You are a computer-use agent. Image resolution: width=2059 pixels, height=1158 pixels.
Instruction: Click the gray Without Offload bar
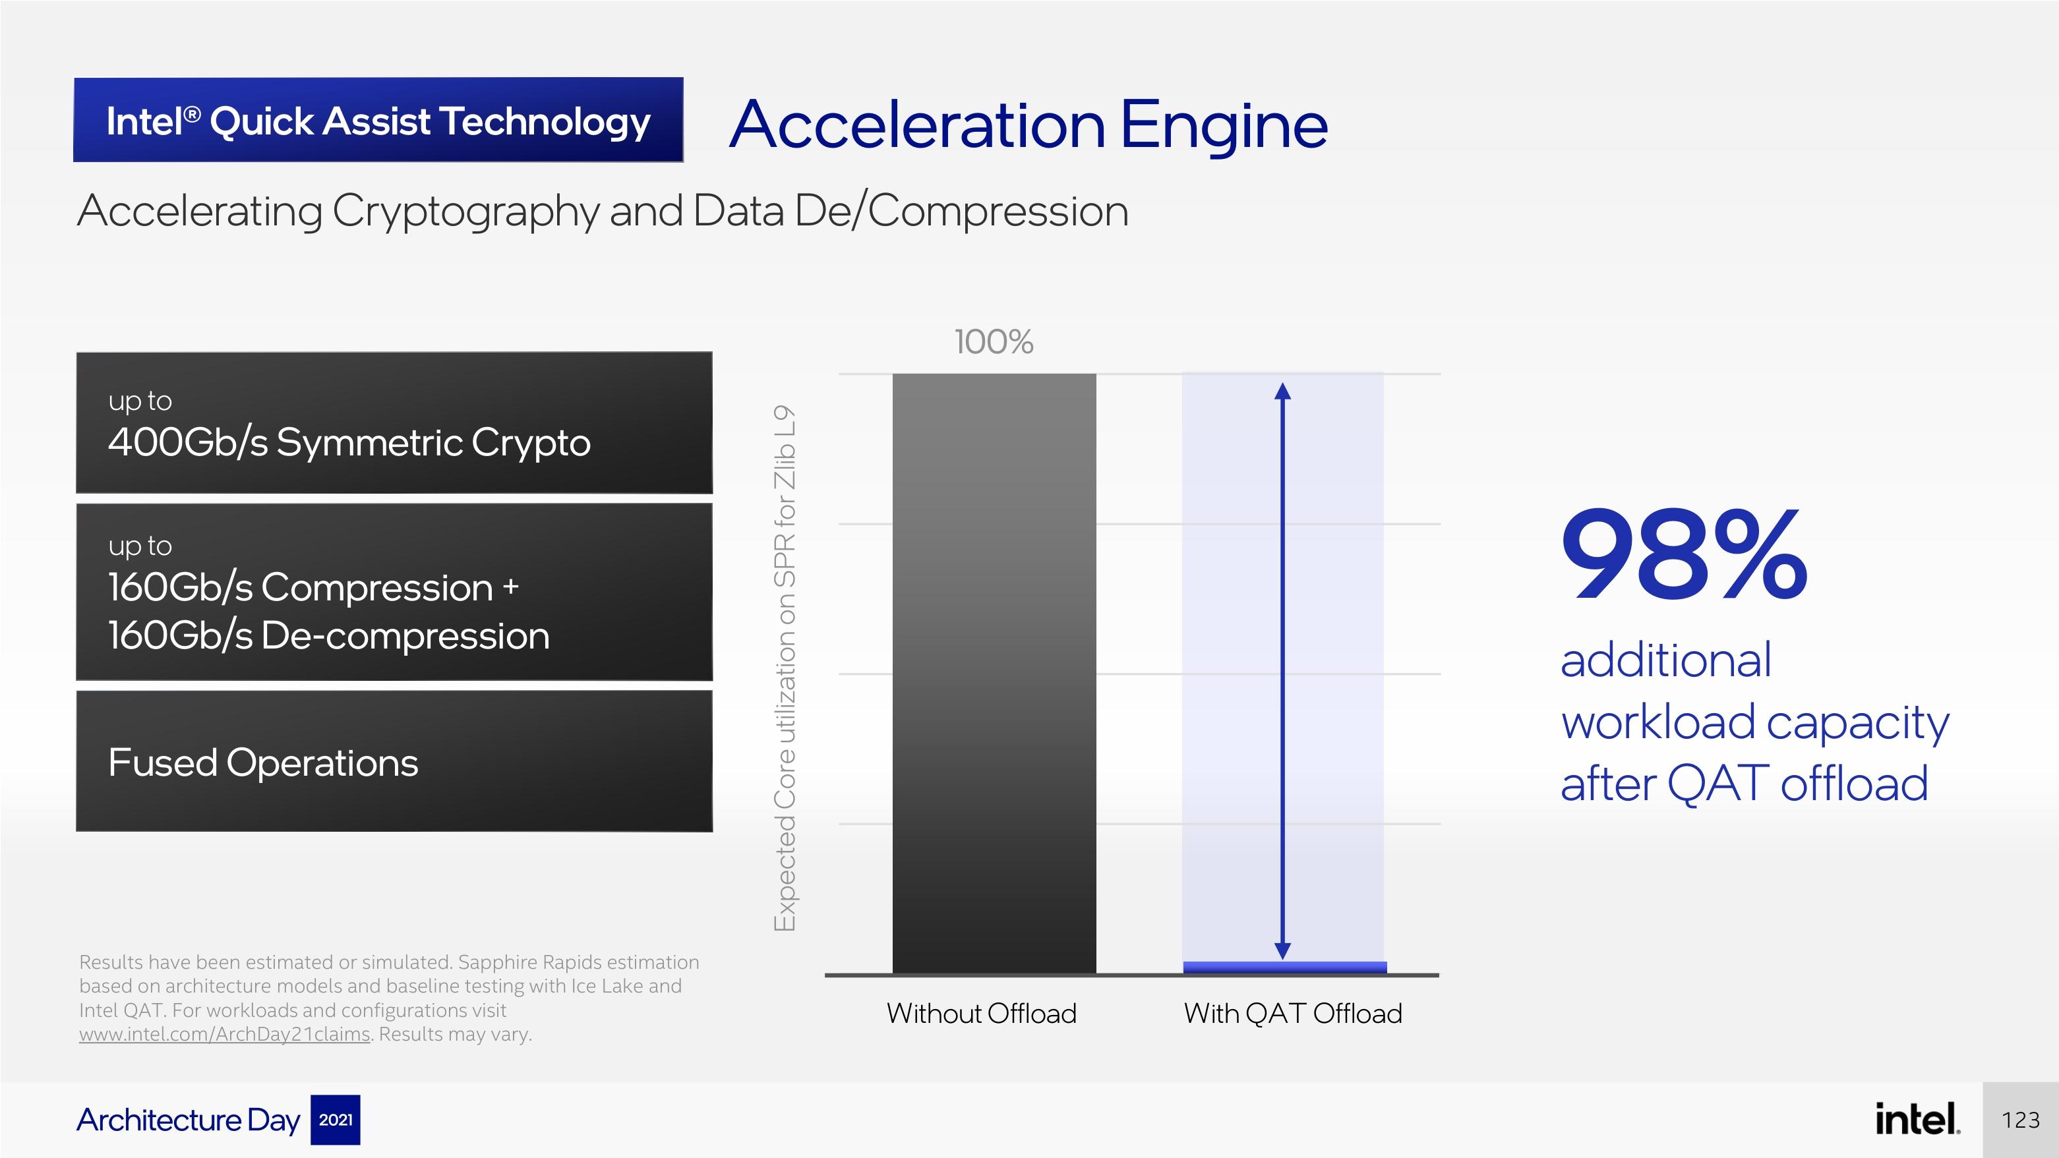[994, 673]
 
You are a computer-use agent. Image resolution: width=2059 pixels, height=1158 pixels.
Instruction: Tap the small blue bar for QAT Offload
[1284, 967]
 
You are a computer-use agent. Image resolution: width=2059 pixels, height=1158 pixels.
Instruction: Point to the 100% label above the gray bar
[994, 342]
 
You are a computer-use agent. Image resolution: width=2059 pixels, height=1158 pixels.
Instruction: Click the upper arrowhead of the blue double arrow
[1282, 391]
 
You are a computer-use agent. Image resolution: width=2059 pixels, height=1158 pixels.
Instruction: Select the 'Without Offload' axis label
[982, 1014]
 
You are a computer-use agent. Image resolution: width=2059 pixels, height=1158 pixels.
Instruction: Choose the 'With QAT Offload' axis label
[1292, 1014]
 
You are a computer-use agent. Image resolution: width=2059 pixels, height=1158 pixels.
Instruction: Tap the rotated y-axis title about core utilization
[785, 668]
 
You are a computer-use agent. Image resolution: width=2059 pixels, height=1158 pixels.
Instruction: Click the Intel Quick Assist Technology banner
[378, 120]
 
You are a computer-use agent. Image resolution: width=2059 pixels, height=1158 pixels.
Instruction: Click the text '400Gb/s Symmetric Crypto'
[349, 442]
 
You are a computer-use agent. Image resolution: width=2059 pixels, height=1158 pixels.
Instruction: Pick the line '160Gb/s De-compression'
[328, 635]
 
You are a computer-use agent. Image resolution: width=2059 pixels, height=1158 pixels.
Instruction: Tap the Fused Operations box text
[263, 763]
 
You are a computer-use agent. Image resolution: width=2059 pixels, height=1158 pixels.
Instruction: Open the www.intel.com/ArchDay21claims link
[225, 1034]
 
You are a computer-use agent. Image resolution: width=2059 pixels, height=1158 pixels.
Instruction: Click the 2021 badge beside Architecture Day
[335, 1120]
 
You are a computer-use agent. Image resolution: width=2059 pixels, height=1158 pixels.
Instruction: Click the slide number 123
[2021, 1120]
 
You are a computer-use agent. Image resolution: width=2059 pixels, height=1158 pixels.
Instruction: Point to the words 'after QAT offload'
[1744, 783]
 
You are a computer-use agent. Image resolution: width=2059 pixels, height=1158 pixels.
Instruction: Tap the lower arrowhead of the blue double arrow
[1282, 951]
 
